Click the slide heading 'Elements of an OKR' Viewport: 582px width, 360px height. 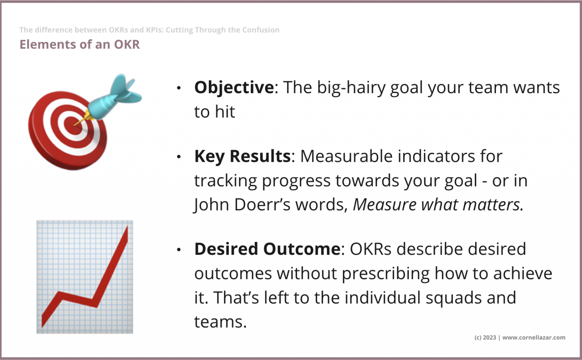80,44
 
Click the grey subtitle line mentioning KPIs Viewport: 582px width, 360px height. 149,30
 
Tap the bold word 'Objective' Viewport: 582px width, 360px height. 234,88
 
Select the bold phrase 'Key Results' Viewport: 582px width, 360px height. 242,156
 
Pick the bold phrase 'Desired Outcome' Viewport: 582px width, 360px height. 267,249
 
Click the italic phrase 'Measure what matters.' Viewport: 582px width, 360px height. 438,205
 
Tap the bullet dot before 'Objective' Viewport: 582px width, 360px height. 179,88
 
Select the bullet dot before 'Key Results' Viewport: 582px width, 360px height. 179,157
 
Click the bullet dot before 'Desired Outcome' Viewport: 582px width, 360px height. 179,250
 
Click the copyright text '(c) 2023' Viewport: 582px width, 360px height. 485,338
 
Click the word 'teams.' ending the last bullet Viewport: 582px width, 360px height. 220,322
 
